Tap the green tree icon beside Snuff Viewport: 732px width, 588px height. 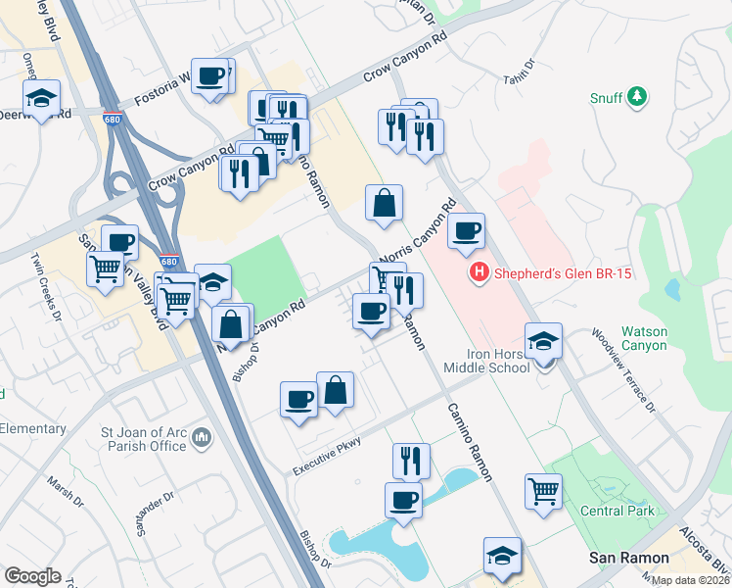[637, 96]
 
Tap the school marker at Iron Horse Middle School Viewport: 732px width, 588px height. [543, 341]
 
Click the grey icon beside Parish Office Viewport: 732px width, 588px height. [203, 435]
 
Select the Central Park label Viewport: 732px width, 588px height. [617, 511]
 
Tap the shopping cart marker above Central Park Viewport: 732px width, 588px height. [543, 490]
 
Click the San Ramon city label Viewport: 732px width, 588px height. [621, 557]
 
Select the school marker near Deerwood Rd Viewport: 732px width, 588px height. [42, 97]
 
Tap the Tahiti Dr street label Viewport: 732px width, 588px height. [520, 73]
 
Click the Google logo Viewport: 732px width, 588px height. [32, 576]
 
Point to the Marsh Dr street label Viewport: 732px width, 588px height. [66, 491]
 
